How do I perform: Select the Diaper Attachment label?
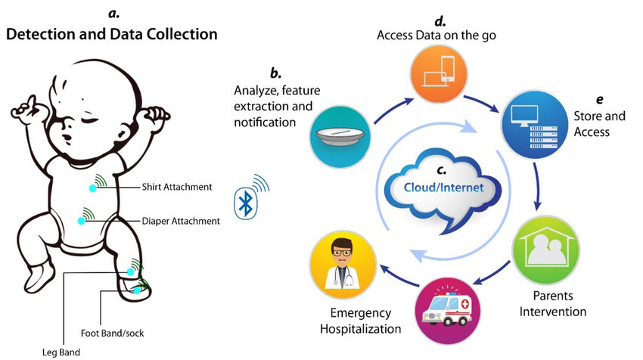pyautogui.click(x=181, y=222)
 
